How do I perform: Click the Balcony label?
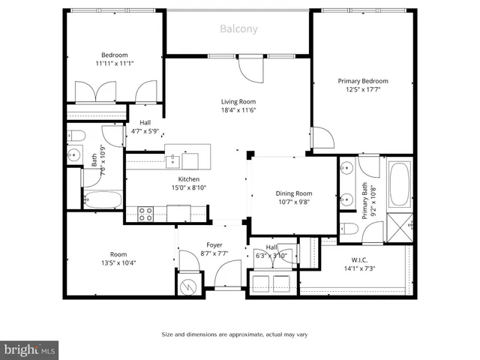coord(238,29)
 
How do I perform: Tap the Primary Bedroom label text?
coord(363,81)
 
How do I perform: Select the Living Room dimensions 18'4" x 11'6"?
coord(238,110)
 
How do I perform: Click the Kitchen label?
coord(188,179)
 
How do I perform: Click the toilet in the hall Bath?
coord(76,136)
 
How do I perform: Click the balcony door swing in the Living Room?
coord(250,72)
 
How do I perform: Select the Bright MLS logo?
coord(29,349)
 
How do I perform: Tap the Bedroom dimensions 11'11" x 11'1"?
coord(115,64)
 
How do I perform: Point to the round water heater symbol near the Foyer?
coord(187,286)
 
